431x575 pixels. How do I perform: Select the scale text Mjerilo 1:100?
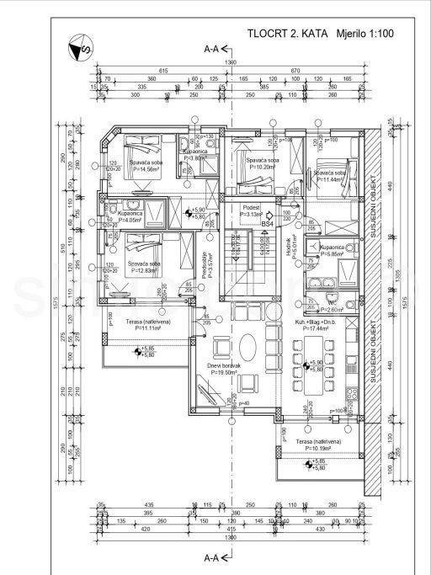pos(365,35)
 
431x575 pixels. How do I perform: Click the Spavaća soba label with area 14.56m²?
pos(144,165)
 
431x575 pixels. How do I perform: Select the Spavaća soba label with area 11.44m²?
pos(327,177)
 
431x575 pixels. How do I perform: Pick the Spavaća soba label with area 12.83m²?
pos(144,265)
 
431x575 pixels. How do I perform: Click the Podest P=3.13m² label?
pos(252,211)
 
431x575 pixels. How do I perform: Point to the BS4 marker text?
pos(268,225)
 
